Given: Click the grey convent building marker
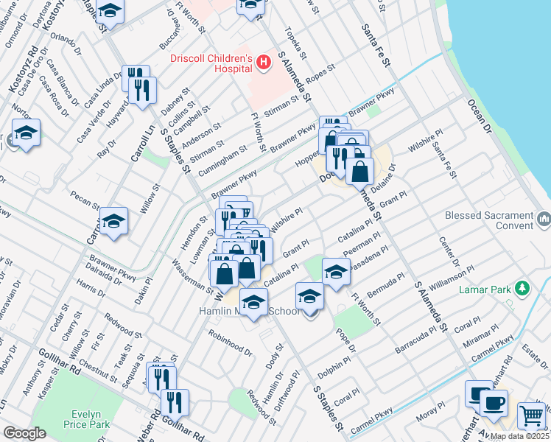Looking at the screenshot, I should (544, 218).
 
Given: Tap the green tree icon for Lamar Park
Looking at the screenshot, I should (522, 287).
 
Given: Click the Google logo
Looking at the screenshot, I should (24, 433).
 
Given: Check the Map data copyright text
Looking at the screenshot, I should (519, 436).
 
